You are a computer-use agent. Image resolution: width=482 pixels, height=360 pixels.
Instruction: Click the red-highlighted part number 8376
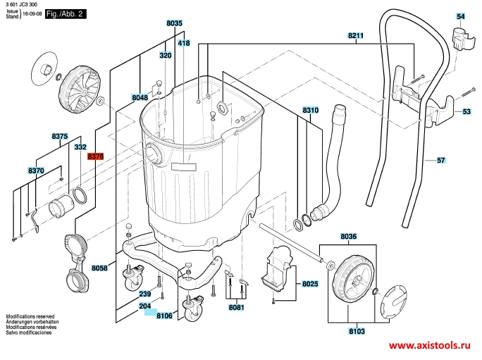click(95, 156)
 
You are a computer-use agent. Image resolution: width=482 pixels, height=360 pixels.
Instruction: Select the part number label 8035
click(174, 23)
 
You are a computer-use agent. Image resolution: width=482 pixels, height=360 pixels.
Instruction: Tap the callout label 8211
click(356, 35)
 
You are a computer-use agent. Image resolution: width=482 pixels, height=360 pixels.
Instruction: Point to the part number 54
click(460, 16)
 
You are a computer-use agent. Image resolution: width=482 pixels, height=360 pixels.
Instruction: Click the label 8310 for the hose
click(311, 110)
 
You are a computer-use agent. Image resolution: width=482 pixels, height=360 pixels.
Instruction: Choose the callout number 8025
click(310, 284)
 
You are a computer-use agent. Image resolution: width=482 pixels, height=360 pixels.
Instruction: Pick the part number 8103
click(357, 331)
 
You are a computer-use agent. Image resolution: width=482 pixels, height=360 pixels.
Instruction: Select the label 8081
click(236, 307)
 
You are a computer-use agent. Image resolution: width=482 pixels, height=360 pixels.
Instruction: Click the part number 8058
click(99, 268)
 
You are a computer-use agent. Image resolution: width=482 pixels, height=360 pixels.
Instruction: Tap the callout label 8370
click(36, 170)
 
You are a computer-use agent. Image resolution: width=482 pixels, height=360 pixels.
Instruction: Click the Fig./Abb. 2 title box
click(66, 14)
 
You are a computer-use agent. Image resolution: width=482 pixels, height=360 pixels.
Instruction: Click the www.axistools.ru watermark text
click(429, 345)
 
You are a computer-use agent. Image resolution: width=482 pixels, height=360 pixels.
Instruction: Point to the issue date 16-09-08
click(32, 14)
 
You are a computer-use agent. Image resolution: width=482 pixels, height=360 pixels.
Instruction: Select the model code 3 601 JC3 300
click(22, 5)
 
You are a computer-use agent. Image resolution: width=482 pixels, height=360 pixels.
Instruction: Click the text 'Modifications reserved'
click(30, 316)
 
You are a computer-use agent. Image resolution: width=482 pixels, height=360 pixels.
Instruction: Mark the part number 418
click(184, 43)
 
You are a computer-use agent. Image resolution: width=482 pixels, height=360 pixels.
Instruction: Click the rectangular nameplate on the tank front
click(183, 167)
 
